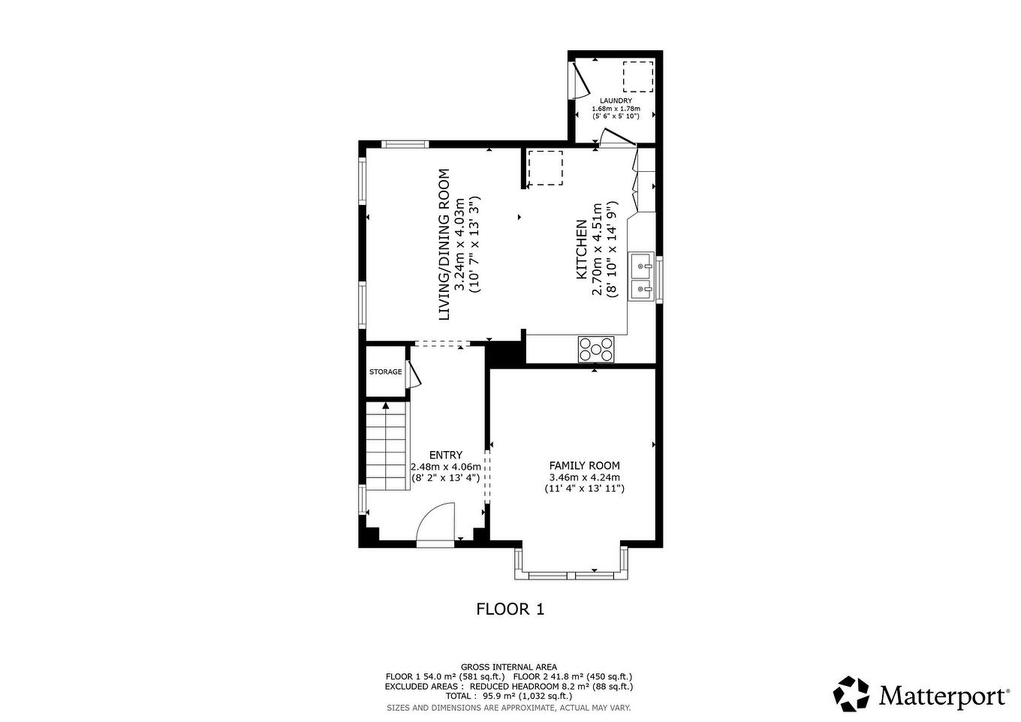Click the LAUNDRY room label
tap(616, 101)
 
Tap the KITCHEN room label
tap(581, 249)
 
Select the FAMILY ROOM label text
tap(584, 466)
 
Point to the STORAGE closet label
tap(385, 372)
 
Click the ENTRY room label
tap(445, 455)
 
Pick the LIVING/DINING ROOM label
tap(444, 244)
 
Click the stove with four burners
tap(596, 349)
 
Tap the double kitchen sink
tap(641, 277)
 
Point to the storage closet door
tap(413, 374)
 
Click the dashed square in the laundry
tap(638, 76)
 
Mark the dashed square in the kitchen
tap(545, 167)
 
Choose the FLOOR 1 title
tap(510, 609)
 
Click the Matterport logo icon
tap(852, 694)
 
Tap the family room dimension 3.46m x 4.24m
tap(584, 477)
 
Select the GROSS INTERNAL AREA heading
tap(508, 666)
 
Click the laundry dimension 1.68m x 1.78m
tap(616, 109)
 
